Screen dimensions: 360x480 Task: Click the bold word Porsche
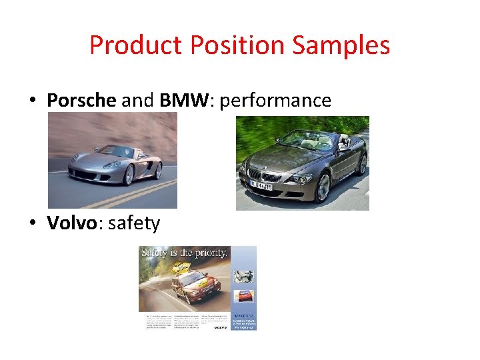[x=81, y=100]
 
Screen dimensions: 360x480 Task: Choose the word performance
[x=275, y=101]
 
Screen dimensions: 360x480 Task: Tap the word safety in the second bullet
[x=134, y=223]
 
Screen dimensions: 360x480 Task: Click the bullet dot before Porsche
[x=31, y=101]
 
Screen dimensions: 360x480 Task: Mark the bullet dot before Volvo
[x=31, y=223]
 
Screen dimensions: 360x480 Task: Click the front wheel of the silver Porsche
[x=129, y=174]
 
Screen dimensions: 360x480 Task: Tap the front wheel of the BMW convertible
[x=323, y=187]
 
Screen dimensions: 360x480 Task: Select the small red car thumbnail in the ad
[x=244, y=295]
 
